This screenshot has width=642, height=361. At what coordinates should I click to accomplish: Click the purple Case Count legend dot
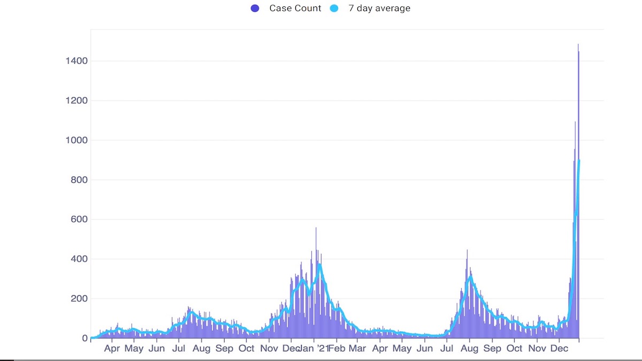255,8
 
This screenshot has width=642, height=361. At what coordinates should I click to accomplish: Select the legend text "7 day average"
379,8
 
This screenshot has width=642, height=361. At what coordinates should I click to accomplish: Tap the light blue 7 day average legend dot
334,8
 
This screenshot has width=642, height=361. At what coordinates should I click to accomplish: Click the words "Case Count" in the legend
295,8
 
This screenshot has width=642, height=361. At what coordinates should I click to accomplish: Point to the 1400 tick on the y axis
75,61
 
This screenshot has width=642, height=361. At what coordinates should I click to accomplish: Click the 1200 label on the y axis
75,101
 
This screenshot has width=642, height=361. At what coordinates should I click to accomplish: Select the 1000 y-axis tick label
75,140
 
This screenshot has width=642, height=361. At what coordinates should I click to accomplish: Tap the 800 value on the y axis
78,180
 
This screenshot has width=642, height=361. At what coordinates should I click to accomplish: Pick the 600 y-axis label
78,219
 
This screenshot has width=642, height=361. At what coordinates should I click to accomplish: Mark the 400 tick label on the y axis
78,259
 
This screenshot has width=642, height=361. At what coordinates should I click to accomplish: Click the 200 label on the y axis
78,298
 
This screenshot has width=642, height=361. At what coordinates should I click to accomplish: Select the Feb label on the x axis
338,349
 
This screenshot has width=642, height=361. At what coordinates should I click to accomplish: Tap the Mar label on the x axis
357,349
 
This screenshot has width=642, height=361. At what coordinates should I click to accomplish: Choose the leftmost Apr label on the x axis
112,349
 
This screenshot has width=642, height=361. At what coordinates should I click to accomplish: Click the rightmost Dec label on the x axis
559,349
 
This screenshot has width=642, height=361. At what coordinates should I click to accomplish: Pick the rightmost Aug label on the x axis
470,349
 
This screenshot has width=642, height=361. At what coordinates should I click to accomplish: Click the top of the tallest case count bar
578,45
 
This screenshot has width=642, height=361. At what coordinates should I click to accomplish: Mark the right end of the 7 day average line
579,161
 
